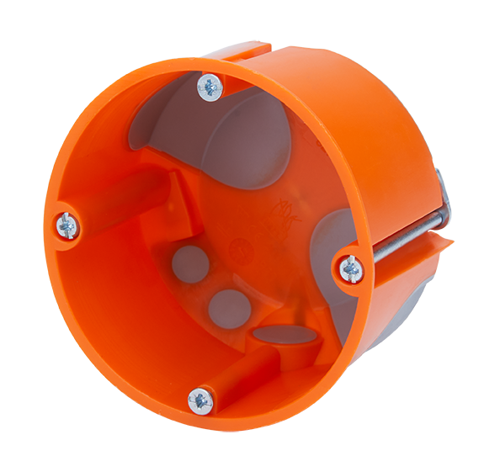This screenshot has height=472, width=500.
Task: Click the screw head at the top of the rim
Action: [x=209, y=85]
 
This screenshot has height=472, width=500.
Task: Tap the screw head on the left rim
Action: [x=67, y=225]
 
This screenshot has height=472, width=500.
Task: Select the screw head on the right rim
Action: [x=351, y=269]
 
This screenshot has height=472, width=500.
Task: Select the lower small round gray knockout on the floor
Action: [x=226, y=308]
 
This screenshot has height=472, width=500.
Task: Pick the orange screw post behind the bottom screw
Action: [x=244, y=370]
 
